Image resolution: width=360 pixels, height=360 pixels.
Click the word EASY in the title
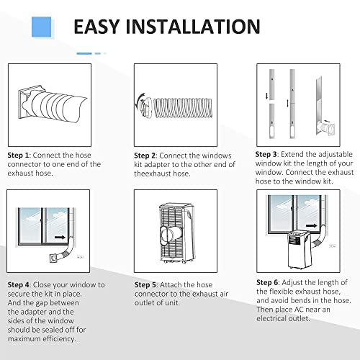coord(96,27)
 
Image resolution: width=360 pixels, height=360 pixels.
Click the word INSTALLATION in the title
coord(193,27)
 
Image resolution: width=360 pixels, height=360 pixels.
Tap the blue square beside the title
coord(42,27)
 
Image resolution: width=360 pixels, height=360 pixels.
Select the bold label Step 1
coord(18,156)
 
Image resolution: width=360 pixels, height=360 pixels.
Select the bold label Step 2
coord(145,156)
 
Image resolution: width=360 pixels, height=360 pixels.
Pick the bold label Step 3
coord(266,154)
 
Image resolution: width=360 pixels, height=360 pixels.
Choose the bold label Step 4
coord(18,285)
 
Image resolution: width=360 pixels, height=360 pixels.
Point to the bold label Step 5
coord(145,285)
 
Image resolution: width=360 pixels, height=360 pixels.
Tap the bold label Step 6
coord(267,282)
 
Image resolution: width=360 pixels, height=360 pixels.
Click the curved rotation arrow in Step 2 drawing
coord(138,100)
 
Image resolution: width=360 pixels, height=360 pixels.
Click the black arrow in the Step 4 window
coord(60,238)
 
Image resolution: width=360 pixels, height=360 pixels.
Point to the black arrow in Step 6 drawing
coord(312,225)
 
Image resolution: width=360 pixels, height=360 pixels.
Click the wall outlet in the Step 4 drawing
coord(80,257)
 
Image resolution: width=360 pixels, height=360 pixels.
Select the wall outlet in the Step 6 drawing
coord(333,246)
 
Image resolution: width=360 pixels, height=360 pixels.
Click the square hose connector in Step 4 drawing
coord(53,258)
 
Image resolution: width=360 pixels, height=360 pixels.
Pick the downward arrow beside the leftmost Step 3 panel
coord(266,96)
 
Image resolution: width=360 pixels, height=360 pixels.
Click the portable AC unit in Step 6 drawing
coord(300,250)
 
